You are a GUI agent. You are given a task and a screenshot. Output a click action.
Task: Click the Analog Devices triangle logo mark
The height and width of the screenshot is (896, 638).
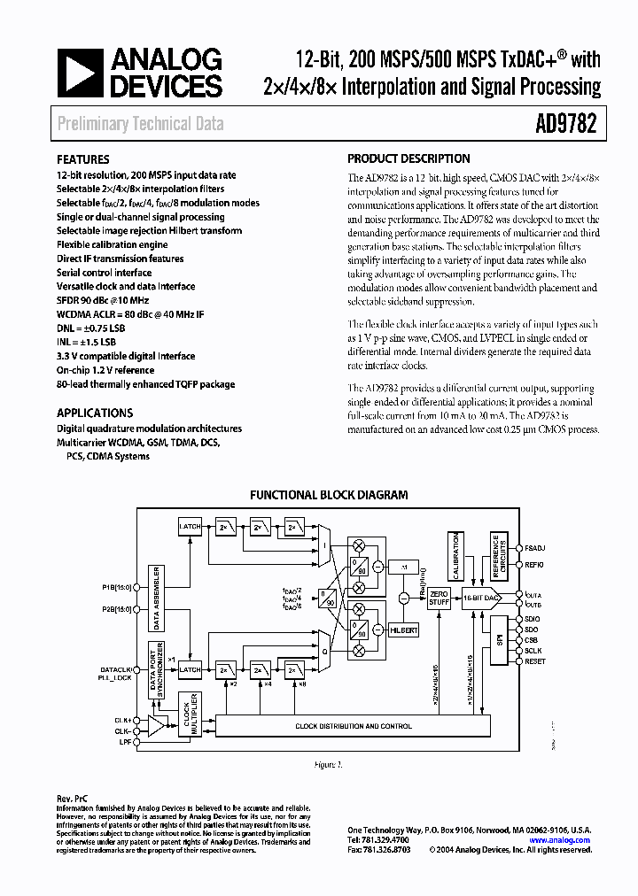click(x=81, y=73)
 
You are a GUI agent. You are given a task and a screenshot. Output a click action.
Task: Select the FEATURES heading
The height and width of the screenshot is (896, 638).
click(x=83, y=160)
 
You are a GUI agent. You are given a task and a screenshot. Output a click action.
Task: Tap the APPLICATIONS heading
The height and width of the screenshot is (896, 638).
click(x=95, y=413)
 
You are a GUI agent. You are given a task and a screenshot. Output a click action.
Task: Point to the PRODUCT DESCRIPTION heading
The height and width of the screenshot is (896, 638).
click(x=408, y=159)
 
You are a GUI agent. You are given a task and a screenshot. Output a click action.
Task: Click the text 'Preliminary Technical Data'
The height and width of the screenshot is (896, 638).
click(x=141, y=124)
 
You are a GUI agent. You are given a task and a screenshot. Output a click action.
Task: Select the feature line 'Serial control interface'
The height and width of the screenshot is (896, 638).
click(x=105, y=273)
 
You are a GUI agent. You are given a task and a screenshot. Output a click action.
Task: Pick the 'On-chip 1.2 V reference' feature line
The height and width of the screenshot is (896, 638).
click(x=105, y=370)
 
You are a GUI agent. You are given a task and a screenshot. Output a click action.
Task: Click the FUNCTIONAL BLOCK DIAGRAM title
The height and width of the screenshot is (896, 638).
click(x=328, y=495)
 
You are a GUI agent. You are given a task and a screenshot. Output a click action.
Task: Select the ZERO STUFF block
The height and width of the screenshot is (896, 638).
click(x=440, y=599)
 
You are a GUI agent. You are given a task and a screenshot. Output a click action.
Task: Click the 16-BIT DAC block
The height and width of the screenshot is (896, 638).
click(x=482, y=599)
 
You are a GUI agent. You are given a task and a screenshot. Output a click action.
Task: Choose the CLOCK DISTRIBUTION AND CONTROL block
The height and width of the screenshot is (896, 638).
click(x=353, y=726)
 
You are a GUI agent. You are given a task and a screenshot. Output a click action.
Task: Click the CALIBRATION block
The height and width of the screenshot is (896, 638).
click(x=455, y=552)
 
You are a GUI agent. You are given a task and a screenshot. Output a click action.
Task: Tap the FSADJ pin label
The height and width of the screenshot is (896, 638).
click(x=535, y=549)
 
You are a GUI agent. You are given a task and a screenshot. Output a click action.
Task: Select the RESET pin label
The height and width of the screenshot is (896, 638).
click(x=534, y=661)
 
